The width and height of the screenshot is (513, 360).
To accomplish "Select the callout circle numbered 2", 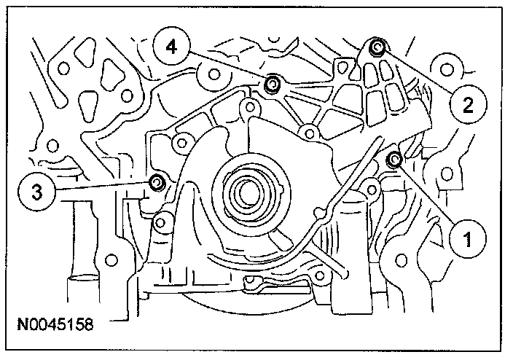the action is tap(467, 104).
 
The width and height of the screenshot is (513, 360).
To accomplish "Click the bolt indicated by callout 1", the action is tap(396, 159).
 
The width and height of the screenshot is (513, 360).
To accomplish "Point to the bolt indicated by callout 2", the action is tap(377, 49).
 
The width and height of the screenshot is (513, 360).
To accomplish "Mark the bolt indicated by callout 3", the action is tap(155, 182).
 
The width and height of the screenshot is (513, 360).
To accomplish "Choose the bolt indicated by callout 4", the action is tap(272, 85).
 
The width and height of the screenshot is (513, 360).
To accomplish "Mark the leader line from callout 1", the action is tap(429, 196).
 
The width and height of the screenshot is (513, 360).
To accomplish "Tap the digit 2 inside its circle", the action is tap(467, 104).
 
